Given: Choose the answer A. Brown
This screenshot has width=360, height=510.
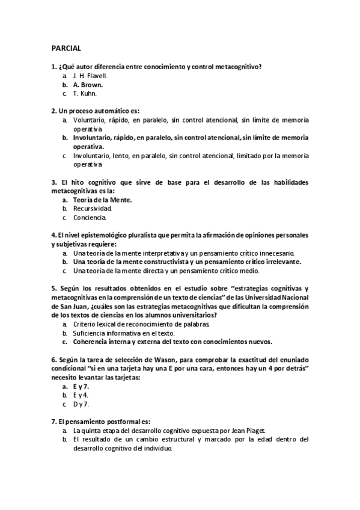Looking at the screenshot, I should pyautogui.click(x=88, y=85).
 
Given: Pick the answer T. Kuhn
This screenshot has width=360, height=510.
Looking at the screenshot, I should pyautogui.click(x=85, y=94).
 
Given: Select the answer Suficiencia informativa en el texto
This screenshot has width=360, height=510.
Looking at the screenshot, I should pyautogui.click(x=124, y=333).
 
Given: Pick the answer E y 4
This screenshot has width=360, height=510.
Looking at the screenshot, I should pyautogui.click(x=81, y=395).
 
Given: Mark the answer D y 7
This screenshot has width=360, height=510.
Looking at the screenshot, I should pyautogui.click(x=81, y=404).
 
